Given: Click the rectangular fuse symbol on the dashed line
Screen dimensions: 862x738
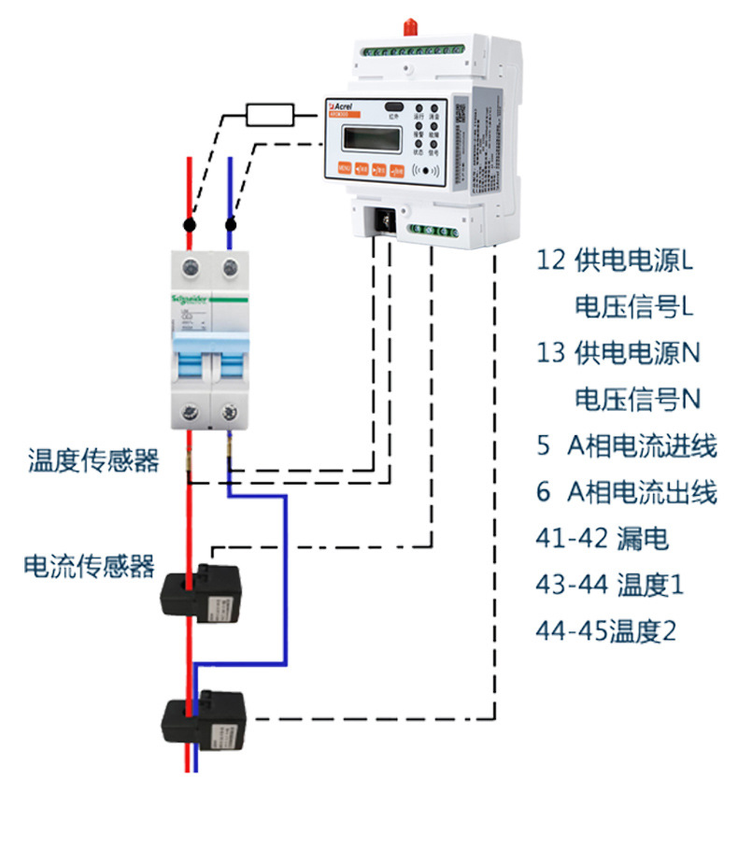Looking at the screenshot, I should (x=270, y=116).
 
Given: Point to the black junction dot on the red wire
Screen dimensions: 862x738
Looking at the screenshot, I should (x=190, y=225).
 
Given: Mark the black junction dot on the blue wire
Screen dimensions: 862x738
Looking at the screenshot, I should (x=231, y=225).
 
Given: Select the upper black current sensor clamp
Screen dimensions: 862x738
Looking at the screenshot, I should (x=200, y=594).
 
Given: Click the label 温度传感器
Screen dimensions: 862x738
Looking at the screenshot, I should (x=92, y=460).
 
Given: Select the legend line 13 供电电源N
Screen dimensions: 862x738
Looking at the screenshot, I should (x=618, y=353).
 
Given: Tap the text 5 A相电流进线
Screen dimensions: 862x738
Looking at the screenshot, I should (x=627, y=446).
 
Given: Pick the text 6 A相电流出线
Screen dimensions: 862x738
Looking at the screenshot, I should (x=627, y=492).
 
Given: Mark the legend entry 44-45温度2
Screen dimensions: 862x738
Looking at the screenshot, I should (x=605, y=632).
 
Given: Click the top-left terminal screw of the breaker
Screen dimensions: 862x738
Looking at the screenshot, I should (x=190, y=267).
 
